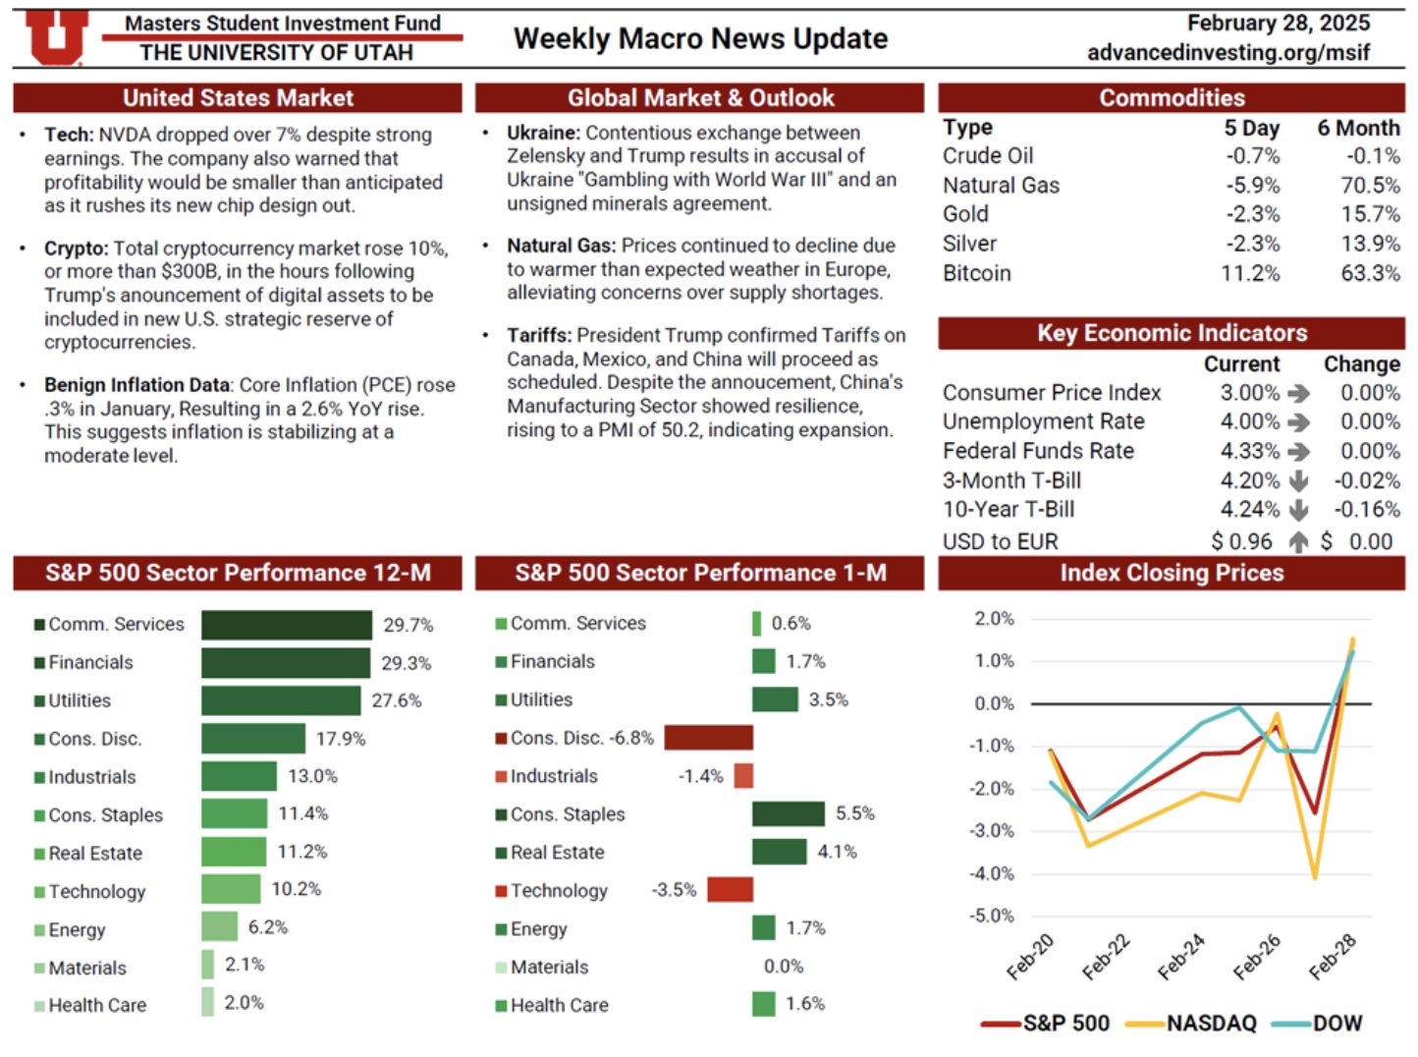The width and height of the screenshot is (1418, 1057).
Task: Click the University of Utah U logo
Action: click(55, 37)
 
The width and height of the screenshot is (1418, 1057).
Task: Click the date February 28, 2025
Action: click(1278, 23)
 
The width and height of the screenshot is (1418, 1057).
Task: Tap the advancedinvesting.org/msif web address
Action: click(1227, 52)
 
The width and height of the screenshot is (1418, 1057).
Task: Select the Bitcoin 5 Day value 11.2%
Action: click(1249, 273)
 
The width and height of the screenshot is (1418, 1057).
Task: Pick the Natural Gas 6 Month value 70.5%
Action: click(1370, 185)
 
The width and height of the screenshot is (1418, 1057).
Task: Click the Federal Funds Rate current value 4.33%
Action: click(1249, 451)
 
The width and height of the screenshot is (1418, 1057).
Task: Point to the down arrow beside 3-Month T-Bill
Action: click(1298, 480)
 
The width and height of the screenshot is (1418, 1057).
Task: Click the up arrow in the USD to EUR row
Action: click(1298, 541)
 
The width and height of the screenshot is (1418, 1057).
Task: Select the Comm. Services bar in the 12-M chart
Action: click(286, 625)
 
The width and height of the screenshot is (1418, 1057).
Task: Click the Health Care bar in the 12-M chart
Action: click(207, 1002)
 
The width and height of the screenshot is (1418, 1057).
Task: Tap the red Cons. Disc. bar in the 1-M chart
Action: click(708, 738)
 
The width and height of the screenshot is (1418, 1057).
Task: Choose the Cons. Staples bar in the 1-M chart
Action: click(788, 813)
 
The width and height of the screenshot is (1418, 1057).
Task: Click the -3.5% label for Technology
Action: click(674, 890)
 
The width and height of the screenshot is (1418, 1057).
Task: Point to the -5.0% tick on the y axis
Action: click(994, 916)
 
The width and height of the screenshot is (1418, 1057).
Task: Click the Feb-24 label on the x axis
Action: click(1181, 957)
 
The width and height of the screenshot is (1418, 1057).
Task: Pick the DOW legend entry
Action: click(1336, 1024)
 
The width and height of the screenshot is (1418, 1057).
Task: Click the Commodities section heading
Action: click(1171, 97)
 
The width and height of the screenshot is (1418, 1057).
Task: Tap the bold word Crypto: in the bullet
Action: click(76, 249)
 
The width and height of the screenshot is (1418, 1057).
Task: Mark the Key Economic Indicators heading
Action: click(1171, 333)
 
